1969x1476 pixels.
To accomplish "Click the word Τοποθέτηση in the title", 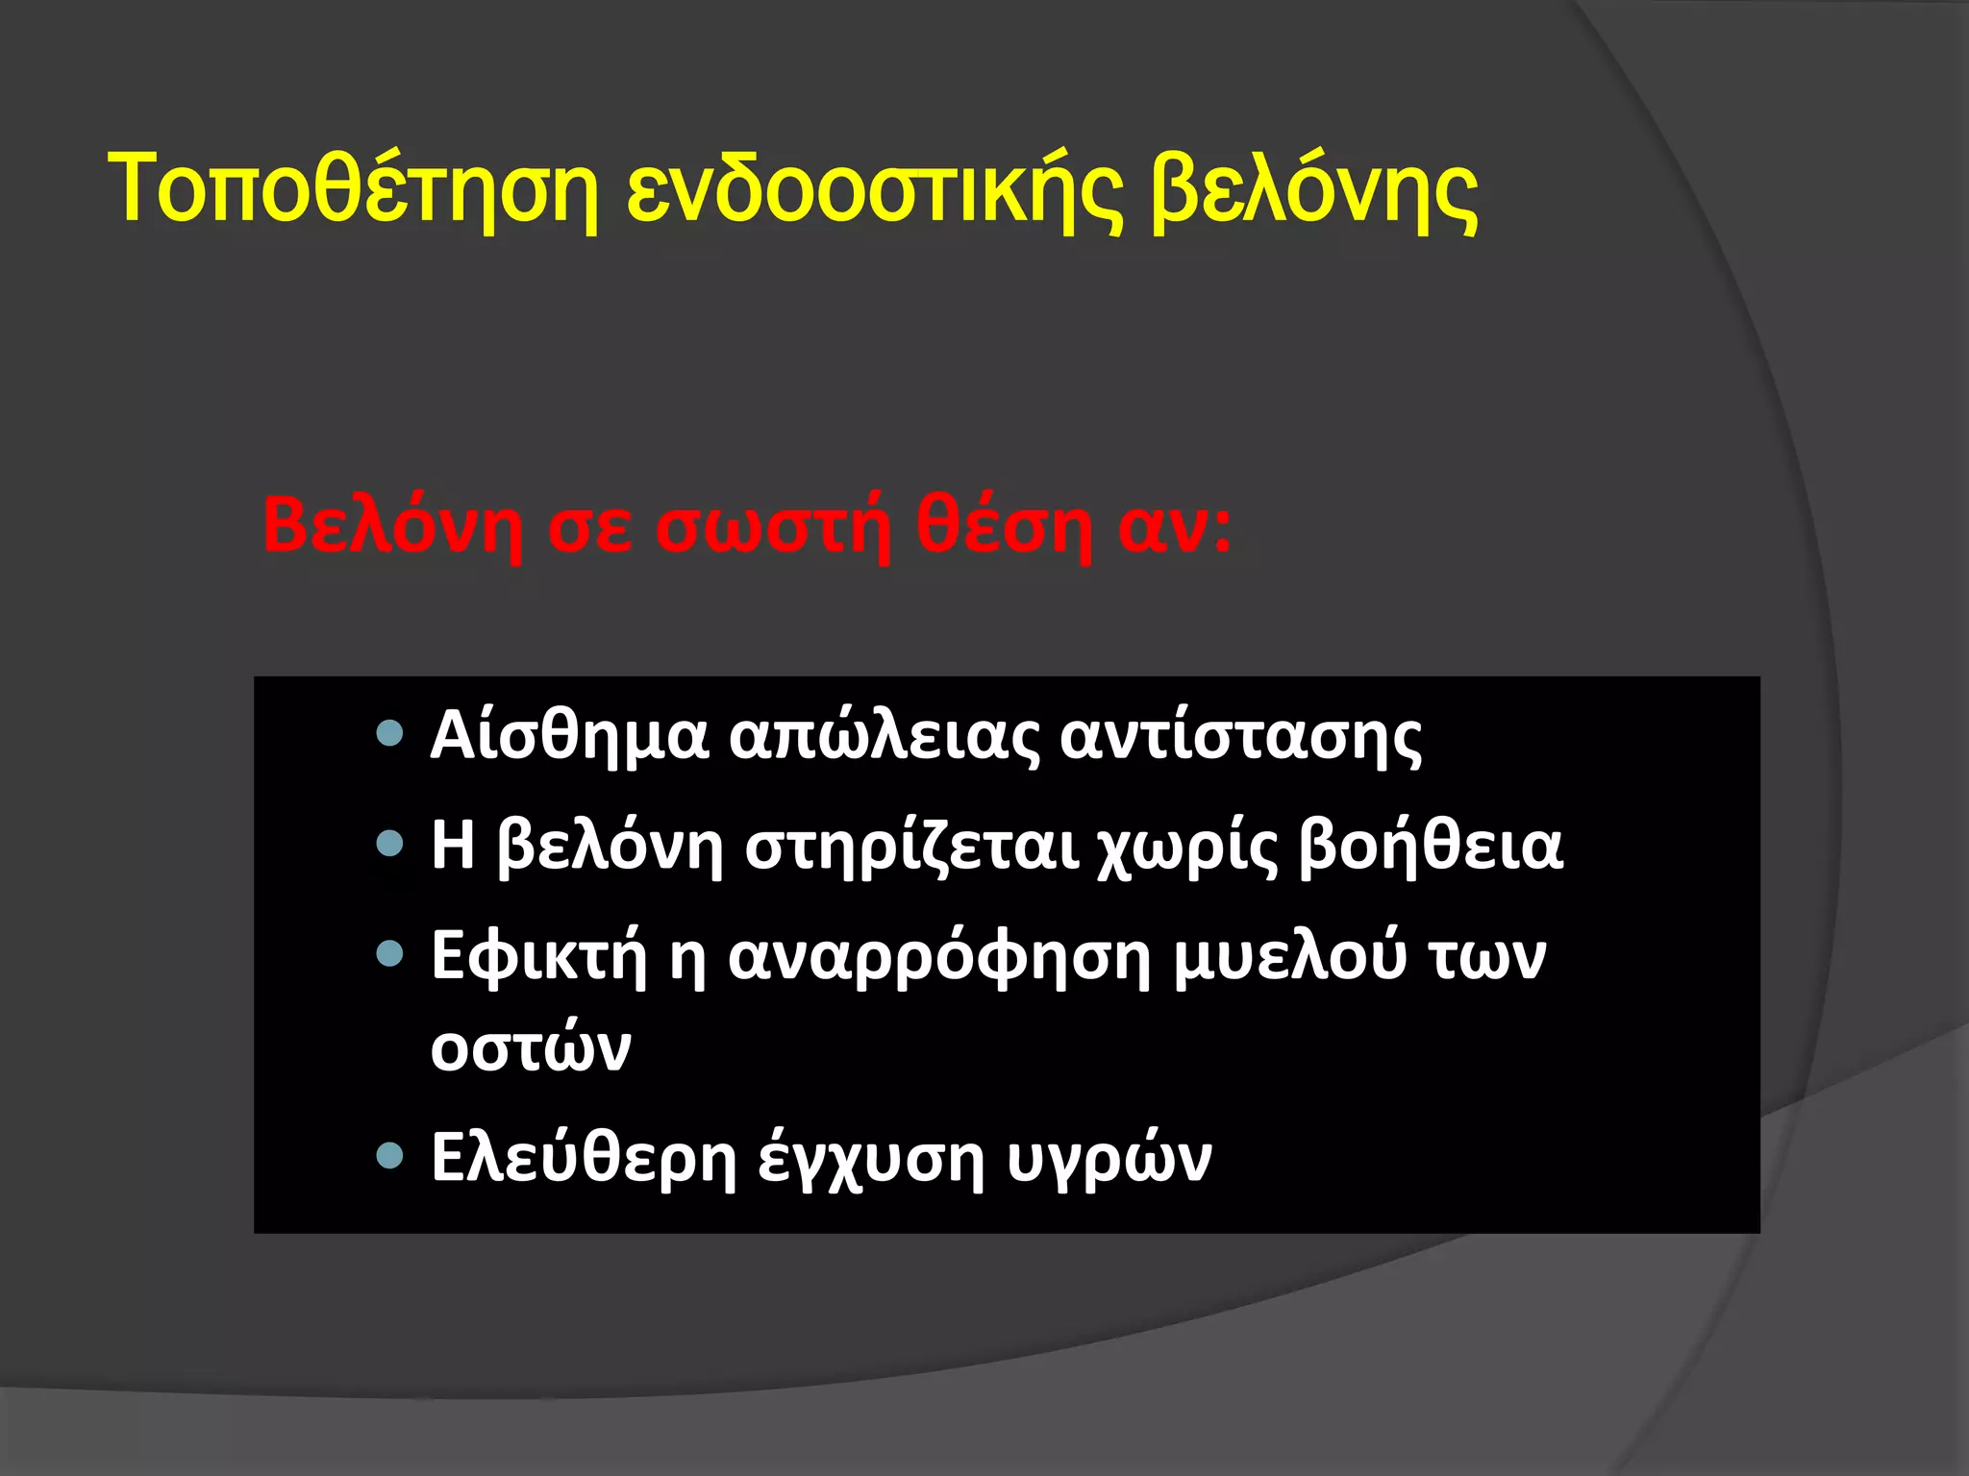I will [x=352, y=189].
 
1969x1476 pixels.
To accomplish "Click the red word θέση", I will [x=1004, y=527].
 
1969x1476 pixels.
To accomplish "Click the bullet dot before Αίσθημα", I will [x=389, y=735].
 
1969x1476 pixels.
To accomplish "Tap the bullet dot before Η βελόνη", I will [x=389, y=845].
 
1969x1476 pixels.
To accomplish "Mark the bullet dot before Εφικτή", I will [x=389, y=954].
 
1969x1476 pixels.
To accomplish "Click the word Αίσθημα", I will [x=569, y=737].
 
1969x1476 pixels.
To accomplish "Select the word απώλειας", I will [x=884, y=737].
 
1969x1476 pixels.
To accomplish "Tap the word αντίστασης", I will [x=1240, y=737].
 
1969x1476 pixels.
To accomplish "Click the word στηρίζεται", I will [x=911, y=847].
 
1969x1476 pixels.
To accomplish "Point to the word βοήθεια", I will [x=1431, y=847].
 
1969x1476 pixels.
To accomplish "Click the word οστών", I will [x=531, y=1047].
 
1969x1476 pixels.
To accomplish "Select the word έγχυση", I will [x=871, y=1158].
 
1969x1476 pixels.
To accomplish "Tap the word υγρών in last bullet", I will [x=1109, y=1158].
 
